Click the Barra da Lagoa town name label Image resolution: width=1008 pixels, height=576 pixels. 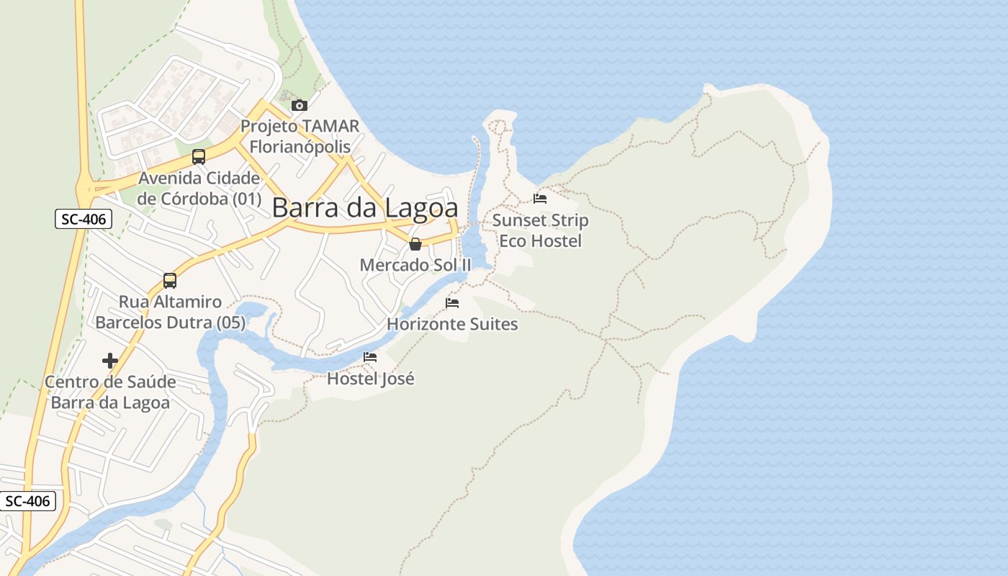point(365,208)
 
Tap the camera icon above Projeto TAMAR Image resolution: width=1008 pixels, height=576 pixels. point(299,106)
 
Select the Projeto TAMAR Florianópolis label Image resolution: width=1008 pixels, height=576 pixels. point(300,136)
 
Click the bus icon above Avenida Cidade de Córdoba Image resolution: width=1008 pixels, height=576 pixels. point(199,157)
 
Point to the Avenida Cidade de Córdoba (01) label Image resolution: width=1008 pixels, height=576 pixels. point(199,188)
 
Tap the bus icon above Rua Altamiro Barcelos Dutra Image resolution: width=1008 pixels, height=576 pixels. point(170,281)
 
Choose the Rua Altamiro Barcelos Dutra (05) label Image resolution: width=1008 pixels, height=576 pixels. point(171,312)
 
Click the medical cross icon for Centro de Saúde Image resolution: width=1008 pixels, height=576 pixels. point(110,361)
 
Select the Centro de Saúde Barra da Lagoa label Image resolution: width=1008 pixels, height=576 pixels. point(110,392)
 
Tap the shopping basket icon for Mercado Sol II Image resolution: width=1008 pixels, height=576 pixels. point(415,244)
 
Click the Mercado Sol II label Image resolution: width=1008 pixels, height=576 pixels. point(415,265)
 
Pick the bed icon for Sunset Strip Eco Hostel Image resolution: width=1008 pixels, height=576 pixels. point(540,198)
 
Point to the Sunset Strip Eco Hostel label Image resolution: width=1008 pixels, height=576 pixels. point(540,230)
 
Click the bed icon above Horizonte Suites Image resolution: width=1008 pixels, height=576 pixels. point(452,303)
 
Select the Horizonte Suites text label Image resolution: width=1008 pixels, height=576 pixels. point(452,324)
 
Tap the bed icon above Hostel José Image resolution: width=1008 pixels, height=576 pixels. point(370,357)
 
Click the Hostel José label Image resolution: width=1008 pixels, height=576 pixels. point(371,378)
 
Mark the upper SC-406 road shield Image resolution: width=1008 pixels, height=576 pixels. point(84,220)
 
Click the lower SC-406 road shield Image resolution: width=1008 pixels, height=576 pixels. point(27,501)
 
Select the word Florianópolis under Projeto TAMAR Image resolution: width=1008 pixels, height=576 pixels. point(300,147)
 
